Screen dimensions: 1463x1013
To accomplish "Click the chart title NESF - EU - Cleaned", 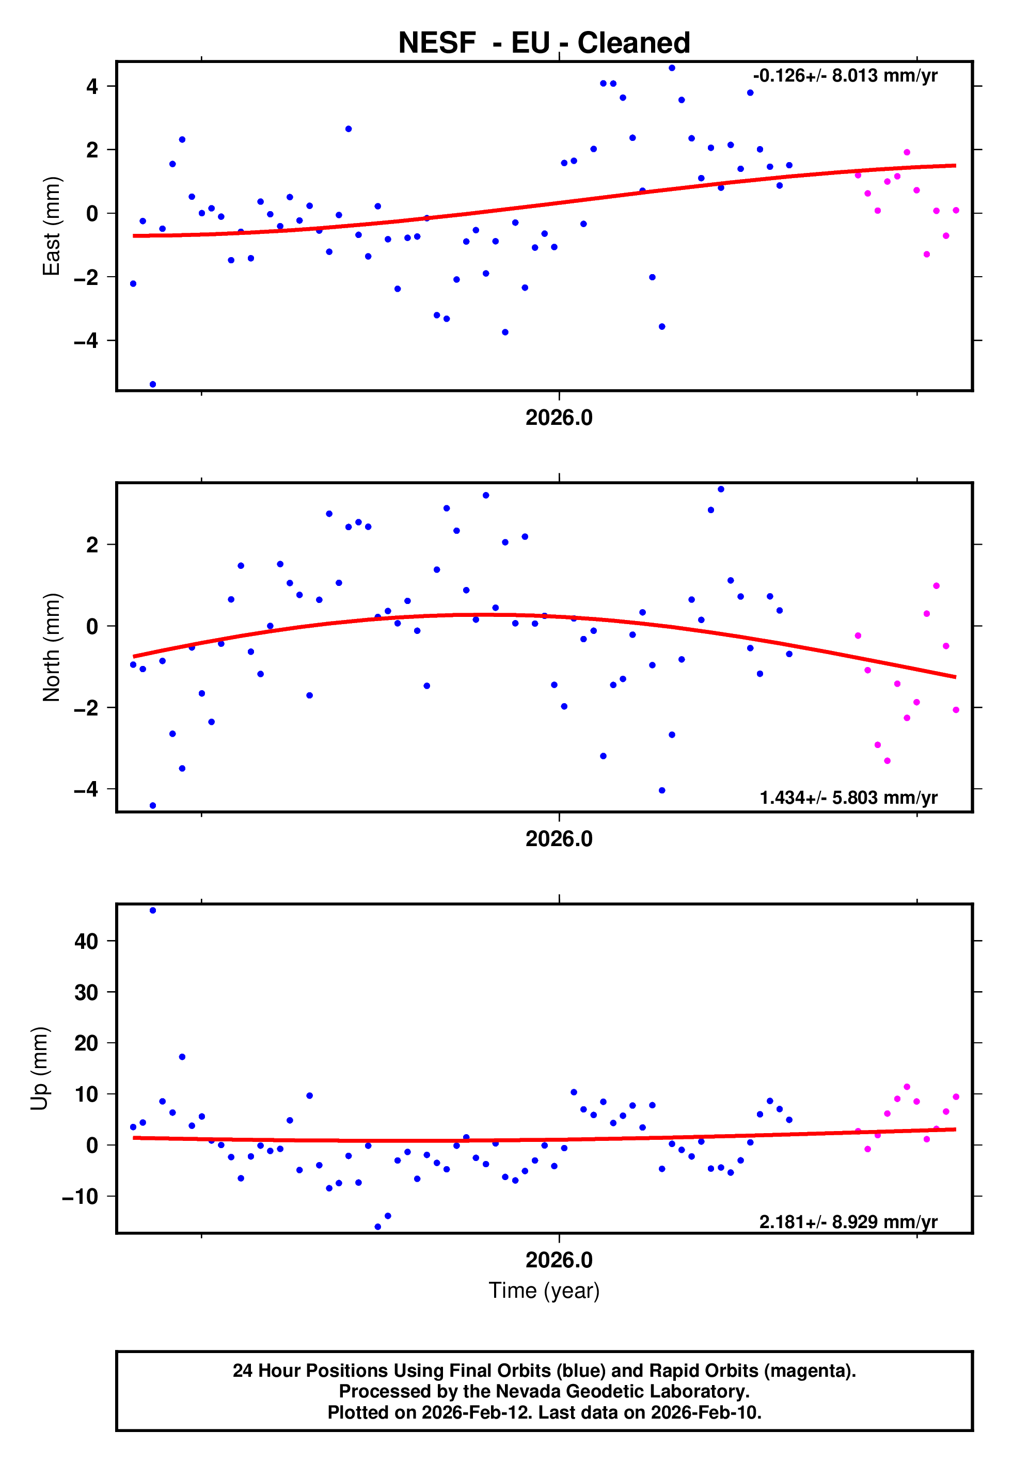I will click(544, 43).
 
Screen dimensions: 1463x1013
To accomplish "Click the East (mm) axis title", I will click(52, 226).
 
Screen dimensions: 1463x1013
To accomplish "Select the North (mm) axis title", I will click(52, 647).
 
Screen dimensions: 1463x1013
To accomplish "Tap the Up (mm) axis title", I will click(39, 1069).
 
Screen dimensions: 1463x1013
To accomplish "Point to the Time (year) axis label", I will click(544, 1291).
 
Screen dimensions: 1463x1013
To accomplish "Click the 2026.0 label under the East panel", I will click(559, 418).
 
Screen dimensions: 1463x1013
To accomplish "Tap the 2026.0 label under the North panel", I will click(559, 839).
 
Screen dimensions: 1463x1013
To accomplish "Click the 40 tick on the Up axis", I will click(86, 941).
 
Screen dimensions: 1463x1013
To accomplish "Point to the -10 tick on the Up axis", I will click(80, 1197).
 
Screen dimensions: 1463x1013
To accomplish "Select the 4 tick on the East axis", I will click(92, 86).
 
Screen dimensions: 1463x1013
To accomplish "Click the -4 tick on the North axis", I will click(86, 789).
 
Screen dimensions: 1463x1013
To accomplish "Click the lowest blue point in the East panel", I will click(152, 385).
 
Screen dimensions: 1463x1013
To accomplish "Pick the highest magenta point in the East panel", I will click(907, 152).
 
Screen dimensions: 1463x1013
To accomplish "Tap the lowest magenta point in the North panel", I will click(888, 761).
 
